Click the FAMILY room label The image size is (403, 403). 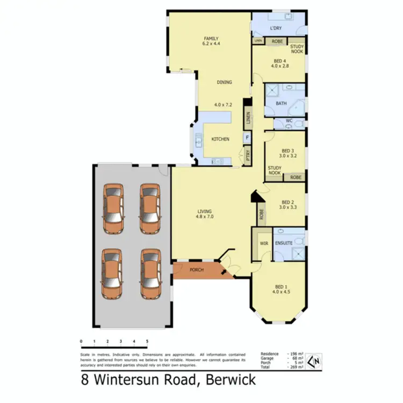(211, 39)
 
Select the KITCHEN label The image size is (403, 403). (220, 139)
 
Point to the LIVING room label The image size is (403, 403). (204, 211)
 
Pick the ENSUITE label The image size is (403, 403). (283, 243)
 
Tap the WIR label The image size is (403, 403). (263, 243)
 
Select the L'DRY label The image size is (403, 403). (276, 28)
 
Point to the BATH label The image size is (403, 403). (281, 103)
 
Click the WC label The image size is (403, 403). (289, 121)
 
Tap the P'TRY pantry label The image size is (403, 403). (248, 156)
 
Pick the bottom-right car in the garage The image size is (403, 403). (150, 273)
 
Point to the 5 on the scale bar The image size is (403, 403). (147, 341)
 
